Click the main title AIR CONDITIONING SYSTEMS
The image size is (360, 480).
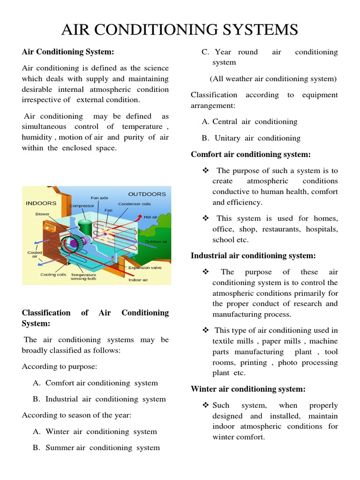(x=180, y=30)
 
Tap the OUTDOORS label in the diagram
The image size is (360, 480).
(x=147, y=194)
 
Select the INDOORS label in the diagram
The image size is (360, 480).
(x=41, y=203)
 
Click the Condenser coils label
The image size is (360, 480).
(x=135, y=204)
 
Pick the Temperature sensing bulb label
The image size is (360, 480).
(x=83, y=277)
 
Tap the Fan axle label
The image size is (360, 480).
(x=99, y=198)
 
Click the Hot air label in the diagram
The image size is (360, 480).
(x=150, y=217)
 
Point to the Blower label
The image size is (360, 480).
(x=42, y=214)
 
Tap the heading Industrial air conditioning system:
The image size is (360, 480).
(x=253, y=255)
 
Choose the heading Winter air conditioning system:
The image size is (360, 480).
(x=248, y=389)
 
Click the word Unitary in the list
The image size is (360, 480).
(x=227, y=138)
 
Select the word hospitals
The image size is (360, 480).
(x=322, y=229)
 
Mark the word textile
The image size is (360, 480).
(x=223, y=341)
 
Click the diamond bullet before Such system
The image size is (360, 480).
(x=205, y=405)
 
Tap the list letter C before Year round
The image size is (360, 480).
(x=205, y=52)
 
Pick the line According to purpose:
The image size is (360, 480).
(x=60, y=367)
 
